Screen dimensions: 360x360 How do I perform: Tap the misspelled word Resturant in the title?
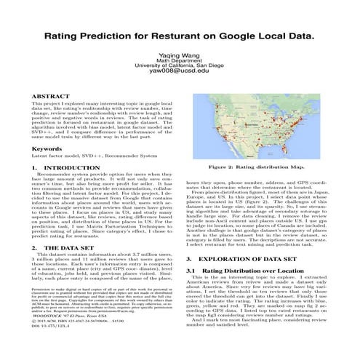pos(181,34)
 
